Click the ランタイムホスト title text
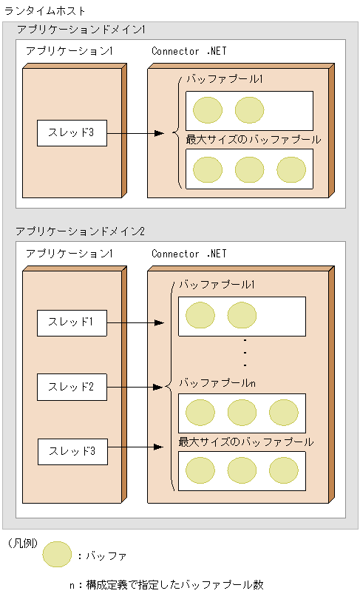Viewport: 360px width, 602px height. (45, 11)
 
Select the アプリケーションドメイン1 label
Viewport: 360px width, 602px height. (81, 30)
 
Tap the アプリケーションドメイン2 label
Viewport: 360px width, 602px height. (81, 231)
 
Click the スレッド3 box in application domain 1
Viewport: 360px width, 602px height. (72, 134)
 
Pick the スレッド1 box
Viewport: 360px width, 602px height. (72, 323)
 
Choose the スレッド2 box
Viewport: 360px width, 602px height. (72, 387)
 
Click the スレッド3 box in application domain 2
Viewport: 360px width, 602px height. (72, 450)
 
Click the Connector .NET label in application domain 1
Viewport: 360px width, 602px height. (189, 51)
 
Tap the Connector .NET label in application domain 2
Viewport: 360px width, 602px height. (189, 254)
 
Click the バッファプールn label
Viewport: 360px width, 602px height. (217, 384)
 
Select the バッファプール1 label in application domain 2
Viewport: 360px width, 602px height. (217, 285)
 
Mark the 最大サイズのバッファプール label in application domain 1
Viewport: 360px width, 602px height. (253, 139)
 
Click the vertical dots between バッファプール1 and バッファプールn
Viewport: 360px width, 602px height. (245, 353)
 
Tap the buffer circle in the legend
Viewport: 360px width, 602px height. (57, 555)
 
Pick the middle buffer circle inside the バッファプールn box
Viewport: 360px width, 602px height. (242, 412)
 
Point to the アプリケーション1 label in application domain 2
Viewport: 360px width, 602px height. (69, 254)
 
